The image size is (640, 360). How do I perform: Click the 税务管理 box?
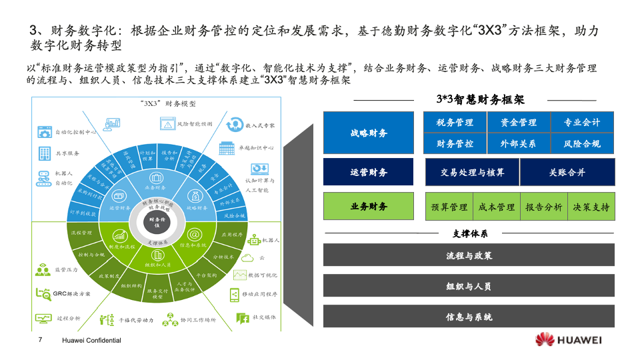click(455, 123)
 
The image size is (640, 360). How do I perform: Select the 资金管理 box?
click(518, 123)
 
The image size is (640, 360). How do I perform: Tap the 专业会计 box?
click(582, 123)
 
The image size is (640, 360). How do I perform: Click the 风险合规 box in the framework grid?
click(582, 143)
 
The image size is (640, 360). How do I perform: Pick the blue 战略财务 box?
click(369, 133)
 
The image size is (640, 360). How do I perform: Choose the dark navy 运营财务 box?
click(369, 172)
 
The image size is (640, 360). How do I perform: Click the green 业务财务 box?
click(369, 207)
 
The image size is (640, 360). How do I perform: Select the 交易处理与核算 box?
click(472, 172)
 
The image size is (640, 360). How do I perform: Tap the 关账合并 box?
click(567, 172)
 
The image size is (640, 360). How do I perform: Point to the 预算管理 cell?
click(449, 207)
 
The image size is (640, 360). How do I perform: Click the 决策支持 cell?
click(591, 207)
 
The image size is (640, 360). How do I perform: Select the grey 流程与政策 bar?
click(469, 255)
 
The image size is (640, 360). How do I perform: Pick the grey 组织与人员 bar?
click(469, 286)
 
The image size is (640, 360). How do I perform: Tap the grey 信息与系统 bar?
click(469, 317)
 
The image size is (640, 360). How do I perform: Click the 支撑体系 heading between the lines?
click(470, 233)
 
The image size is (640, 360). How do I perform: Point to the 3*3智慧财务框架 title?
click(480, 100)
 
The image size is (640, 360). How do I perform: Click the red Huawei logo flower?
click(545, 339)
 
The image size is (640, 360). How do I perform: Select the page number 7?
click(41, 340)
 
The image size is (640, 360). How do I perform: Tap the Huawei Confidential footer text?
click(91, 340)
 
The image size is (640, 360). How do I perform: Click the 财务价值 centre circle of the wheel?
click(158, 221)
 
